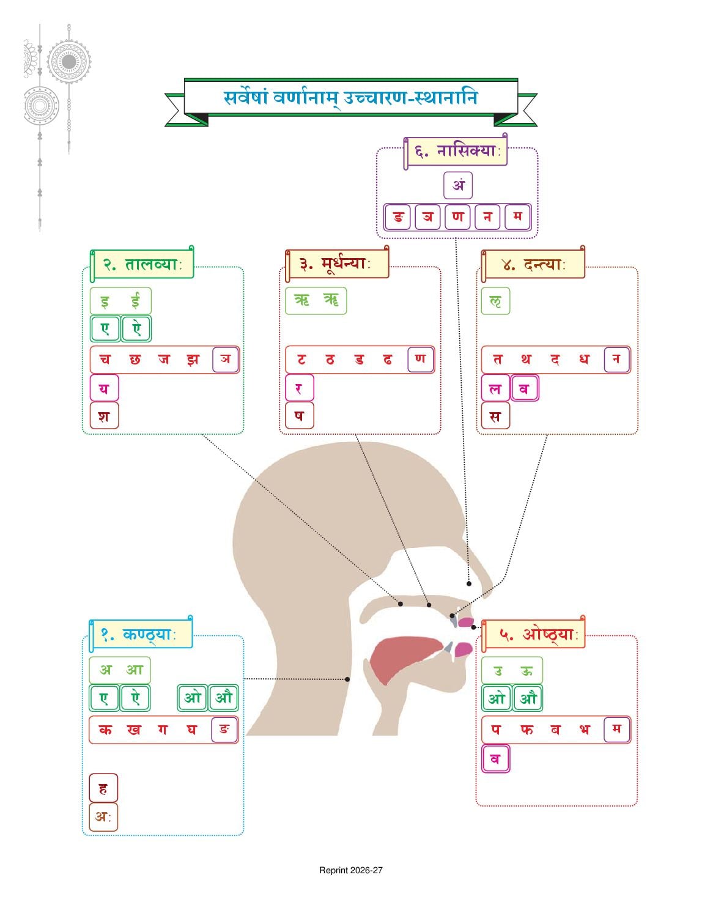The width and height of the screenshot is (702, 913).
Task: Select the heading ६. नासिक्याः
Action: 457,151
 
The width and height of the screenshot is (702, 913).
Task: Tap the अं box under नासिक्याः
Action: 458,185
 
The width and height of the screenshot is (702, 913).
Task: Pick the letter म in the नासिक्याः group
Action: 517,217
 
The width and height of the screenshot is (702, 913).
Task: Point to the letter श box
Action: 104,416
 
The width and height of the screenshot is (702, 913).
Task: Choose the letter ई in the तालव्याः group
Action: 135,301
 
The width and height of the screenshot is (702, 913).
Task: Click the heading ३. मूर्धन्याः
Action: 335,264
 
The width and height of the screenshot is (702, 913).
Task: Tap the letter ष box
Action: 299,416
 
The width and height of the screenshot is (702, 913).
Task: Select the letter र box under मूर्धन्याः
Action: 299,388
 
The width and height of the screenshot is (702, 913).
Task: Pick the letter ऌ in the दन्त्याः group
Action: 495,301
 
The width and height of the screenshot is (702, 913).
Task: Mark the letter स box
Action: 495,416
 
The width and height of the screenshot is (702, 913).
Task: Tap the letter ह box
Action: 103,788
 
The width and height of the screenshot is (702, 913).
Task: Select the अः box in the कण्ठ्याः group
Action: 103,817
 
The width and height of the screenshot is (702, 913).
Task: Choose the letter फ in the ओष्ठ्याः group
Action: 527,730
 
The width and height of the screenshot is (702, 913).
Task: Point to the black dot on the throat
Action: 347,679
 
